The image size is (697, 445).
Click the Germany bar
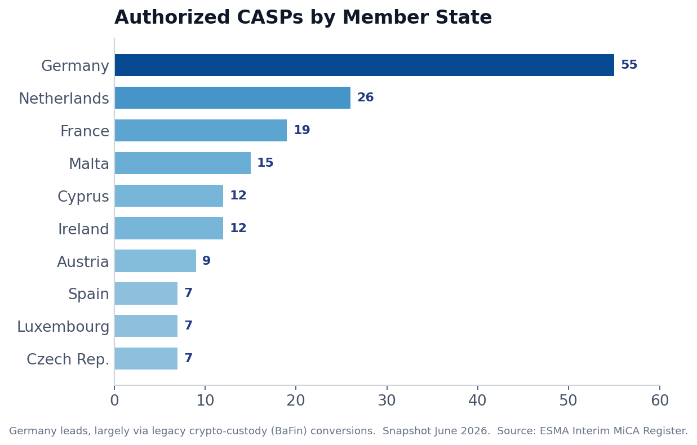(365, 65)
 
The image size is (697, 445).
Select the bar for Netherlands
(233, 97)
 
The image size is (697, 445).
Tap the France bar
(201, 130)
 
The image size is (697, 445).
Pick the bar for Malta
(183, 163)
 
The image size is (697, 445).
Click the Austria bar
(156, 261)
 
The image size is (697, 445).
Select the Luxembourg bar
(146, 326)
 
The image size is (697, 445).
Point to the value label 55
(629, 65)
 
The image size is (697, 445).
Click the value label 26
(365, 97)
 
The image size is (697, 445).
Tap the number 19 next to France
(302, 130)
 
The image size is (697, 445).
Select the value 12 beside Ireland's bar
(238, 228)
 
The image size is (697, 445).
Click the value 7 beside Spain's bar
(188, 292)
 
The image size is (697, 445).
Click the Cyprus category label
(83, 197)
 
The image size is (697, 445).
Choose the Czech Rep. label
(68, 359)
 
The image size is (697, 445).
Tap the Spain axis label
(88, 294)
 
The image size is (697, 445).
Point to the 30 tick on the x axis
(387, 400)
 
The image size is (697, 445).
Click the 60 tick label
(660, 400)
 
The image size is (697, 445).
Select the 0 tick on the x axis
(114, 400)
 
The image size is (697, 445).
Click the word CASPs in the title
(270, 17)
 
